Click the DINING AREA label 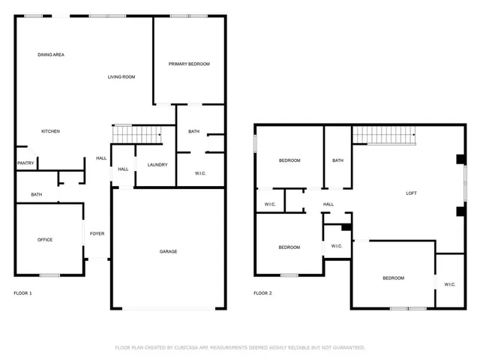point(51,55)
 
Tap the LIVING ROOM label point(121,76)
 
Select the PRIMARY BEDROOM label point(188,64)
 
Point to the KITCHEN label point(50,131)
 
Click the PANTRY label point(25,163)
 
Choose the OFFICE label point(45,239)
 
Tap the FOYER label point(97,233)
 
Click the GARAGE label point(168,251)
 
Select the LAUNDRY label point(157,165)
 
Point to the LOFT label point(411,193)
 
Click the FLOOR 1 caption point(23,293)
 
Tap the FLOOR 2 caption point(262,293)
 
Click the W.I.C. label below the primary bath point(200,173)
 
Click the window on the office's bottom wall point(49,275)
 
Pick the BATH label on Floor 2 point(337,160)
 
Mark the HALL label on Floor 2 point(328,203)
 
